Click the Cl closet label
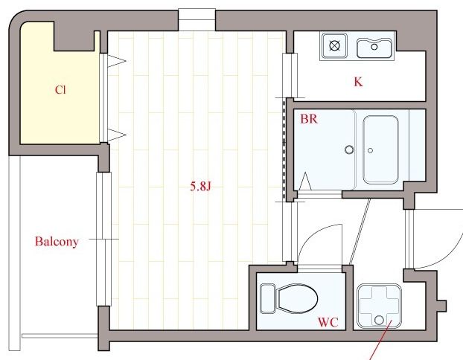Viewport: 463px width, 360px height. [60, 90]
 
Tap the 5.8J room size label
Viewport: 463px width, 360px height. [200, 187]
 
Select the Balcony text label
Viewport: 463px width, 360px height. [57, 242]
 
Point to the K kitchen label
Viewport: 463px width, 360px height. [358, 82]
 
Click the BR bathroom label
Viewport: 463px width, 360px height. [309, 119]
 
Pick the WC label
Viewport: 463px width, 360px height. [328, 322]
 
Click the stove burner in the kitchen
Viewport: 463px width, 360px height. [334, 46]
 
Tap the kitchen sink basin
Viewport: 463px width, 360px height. [374, 48]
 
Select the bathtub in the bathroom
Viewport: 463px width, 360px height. [380, 150]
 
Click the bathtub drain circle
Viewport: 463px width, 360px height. [370, 150]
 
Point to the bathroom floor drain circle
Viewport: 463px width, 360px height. [349, 150]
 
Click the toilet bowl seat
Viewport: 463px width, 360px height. [296, 298]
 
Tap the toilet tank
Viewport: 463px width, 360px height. [268, 298]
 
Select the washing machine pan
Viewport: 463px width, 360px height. [379, 306]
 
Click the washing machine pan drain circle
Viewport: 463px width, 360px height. [379, 320]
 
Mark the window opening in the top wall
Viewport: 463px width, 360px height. [197, 20]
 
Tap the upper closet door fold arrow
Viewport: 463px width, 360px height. [116, 61]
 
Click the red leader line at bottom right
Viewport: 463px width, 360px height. [381, 340]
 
